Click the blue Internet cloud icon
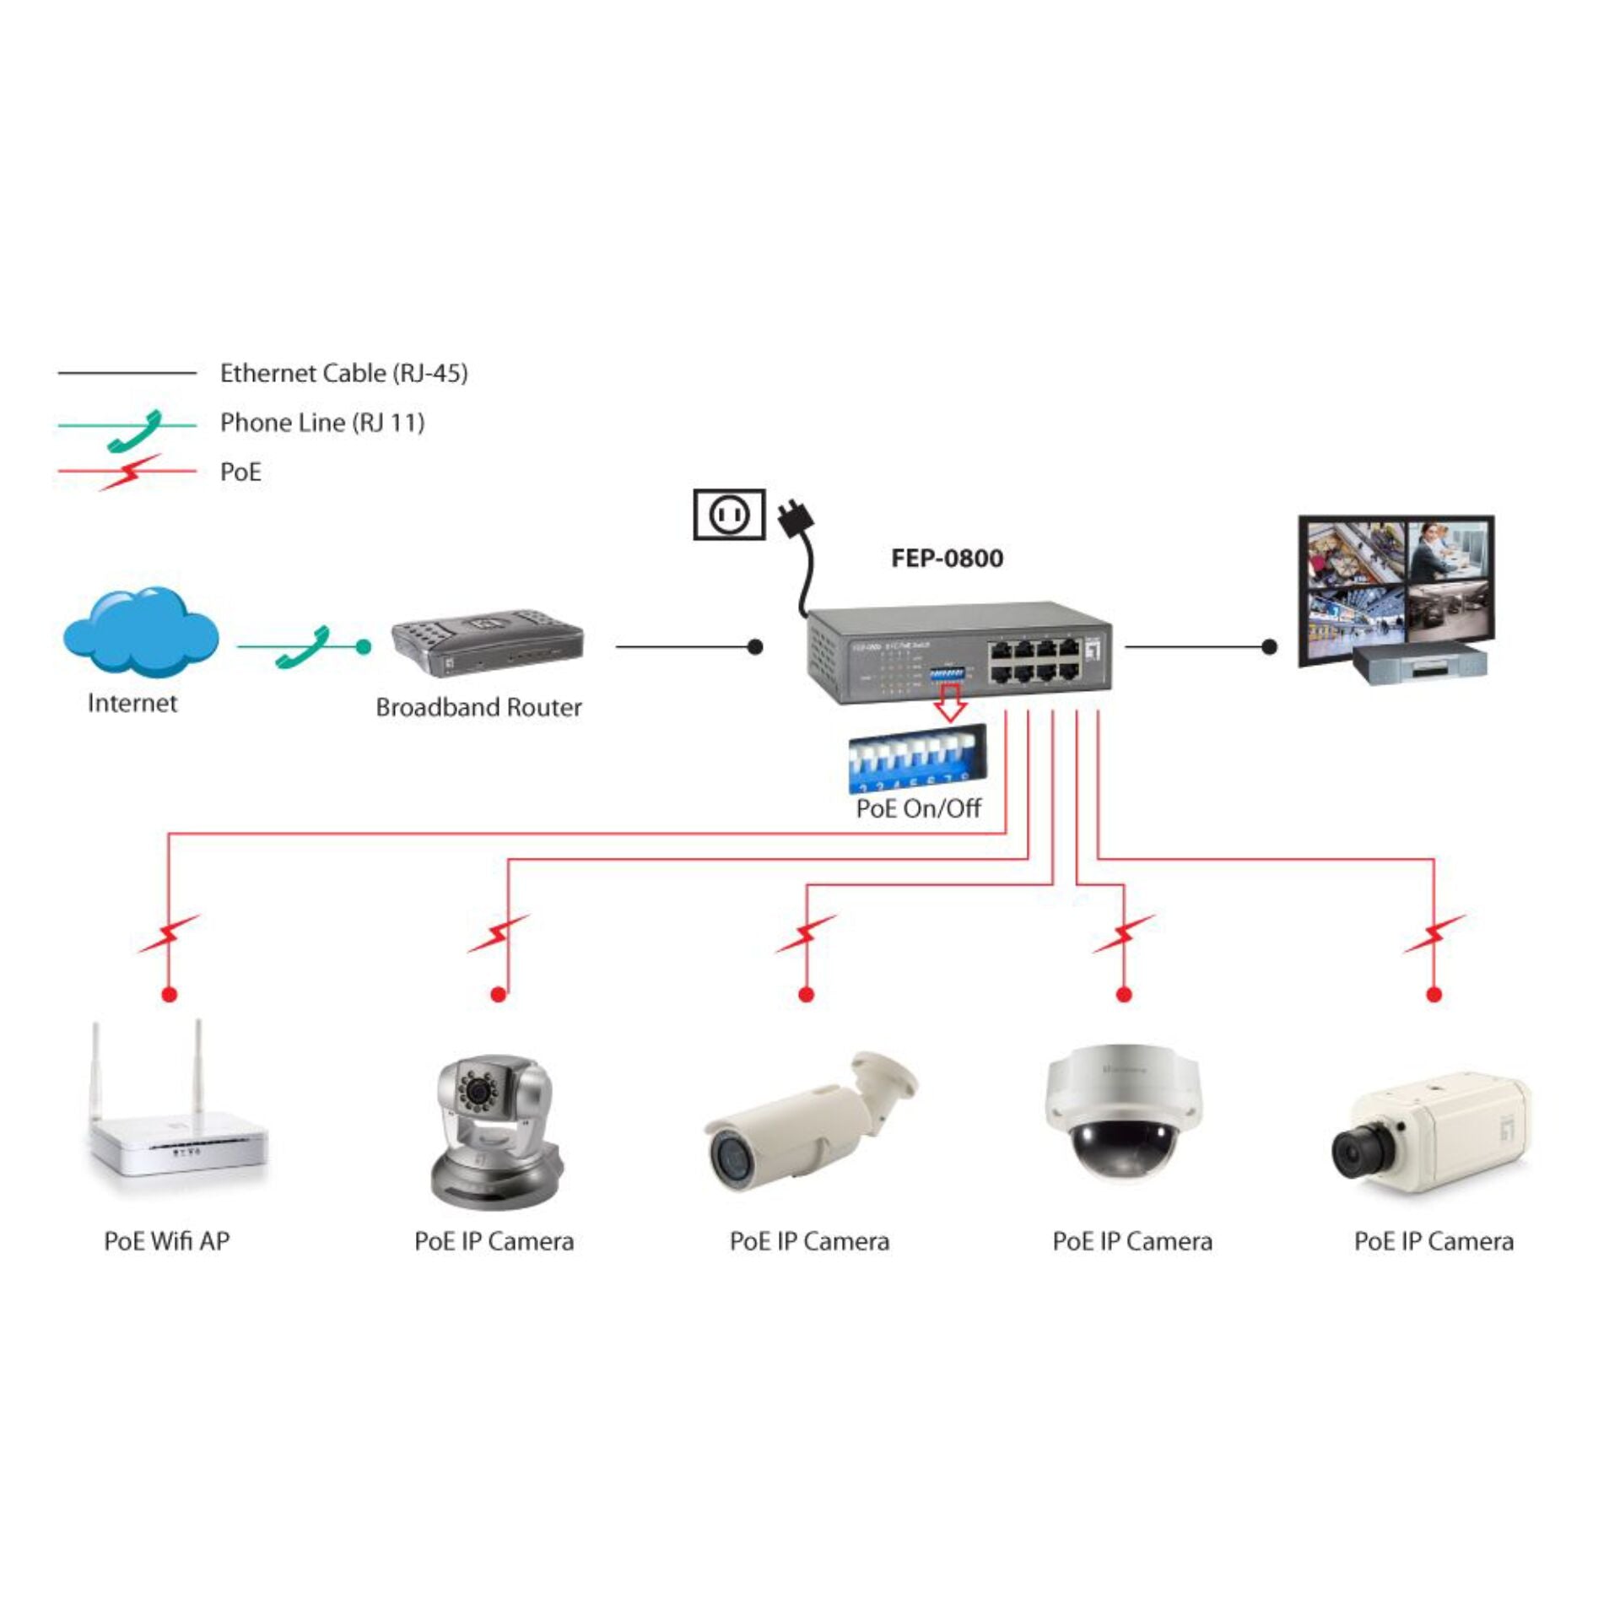(x=140, y=631)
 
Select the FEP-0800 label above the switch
(x=947, y=559)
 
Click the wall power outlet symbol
(x=728, y=514)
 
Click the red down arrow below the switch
(x=951, y=703)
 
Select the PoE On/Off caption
(x=918, y=808)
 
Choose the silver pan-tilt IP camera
(x=494, y=1131)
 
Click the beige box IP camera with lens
(x=1431, y=1130)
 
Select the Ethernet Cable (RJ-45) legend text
(x=343, y=373)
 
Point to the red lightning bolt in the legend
(x=129, y=472)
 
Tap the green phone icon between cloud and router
(x=304, y=647)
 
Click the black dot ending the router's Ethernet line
(x=755, y=647)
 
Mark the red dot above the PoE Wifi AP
(x=170, y=995)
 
